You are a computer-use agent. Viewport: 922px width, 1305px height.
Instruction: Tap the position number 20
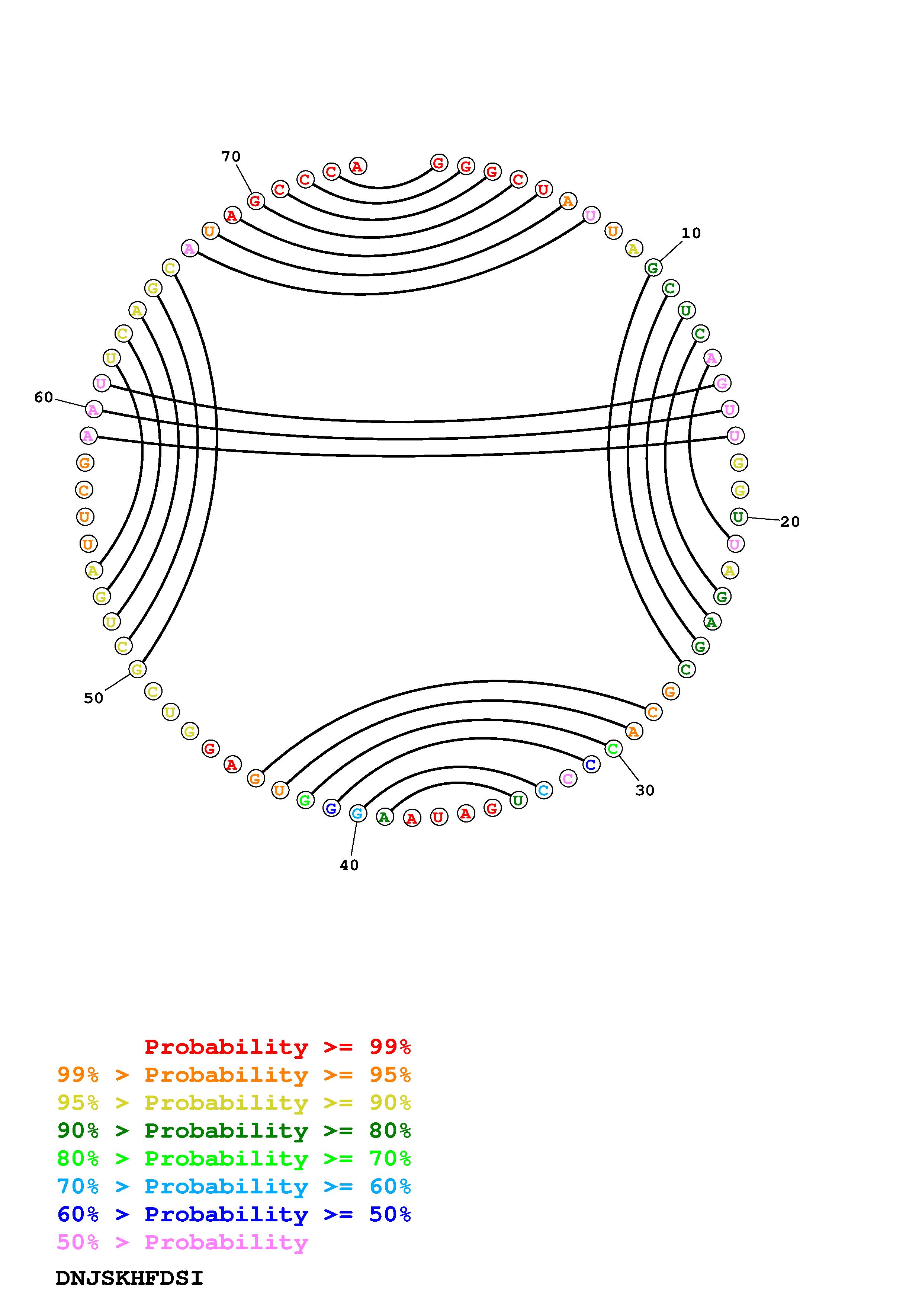point(790,522)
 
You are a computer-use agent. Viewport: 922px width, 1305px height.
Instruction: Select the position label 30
point(645,790)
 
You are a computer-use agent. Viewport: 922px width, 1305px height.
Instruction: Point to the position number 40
point(349,865)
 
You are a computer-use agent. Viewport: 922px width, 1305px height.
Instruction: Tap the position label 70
point(231,156)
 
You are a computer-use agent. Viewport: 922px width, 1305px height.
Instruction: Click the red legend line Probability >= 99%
point(278,1047)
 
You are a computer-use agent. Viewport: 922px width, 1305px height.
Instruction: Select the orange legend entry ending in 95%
point(234,1075)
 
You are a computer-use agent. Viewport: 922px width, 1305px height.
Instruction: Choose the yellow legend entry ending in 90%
point(234,1103)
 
